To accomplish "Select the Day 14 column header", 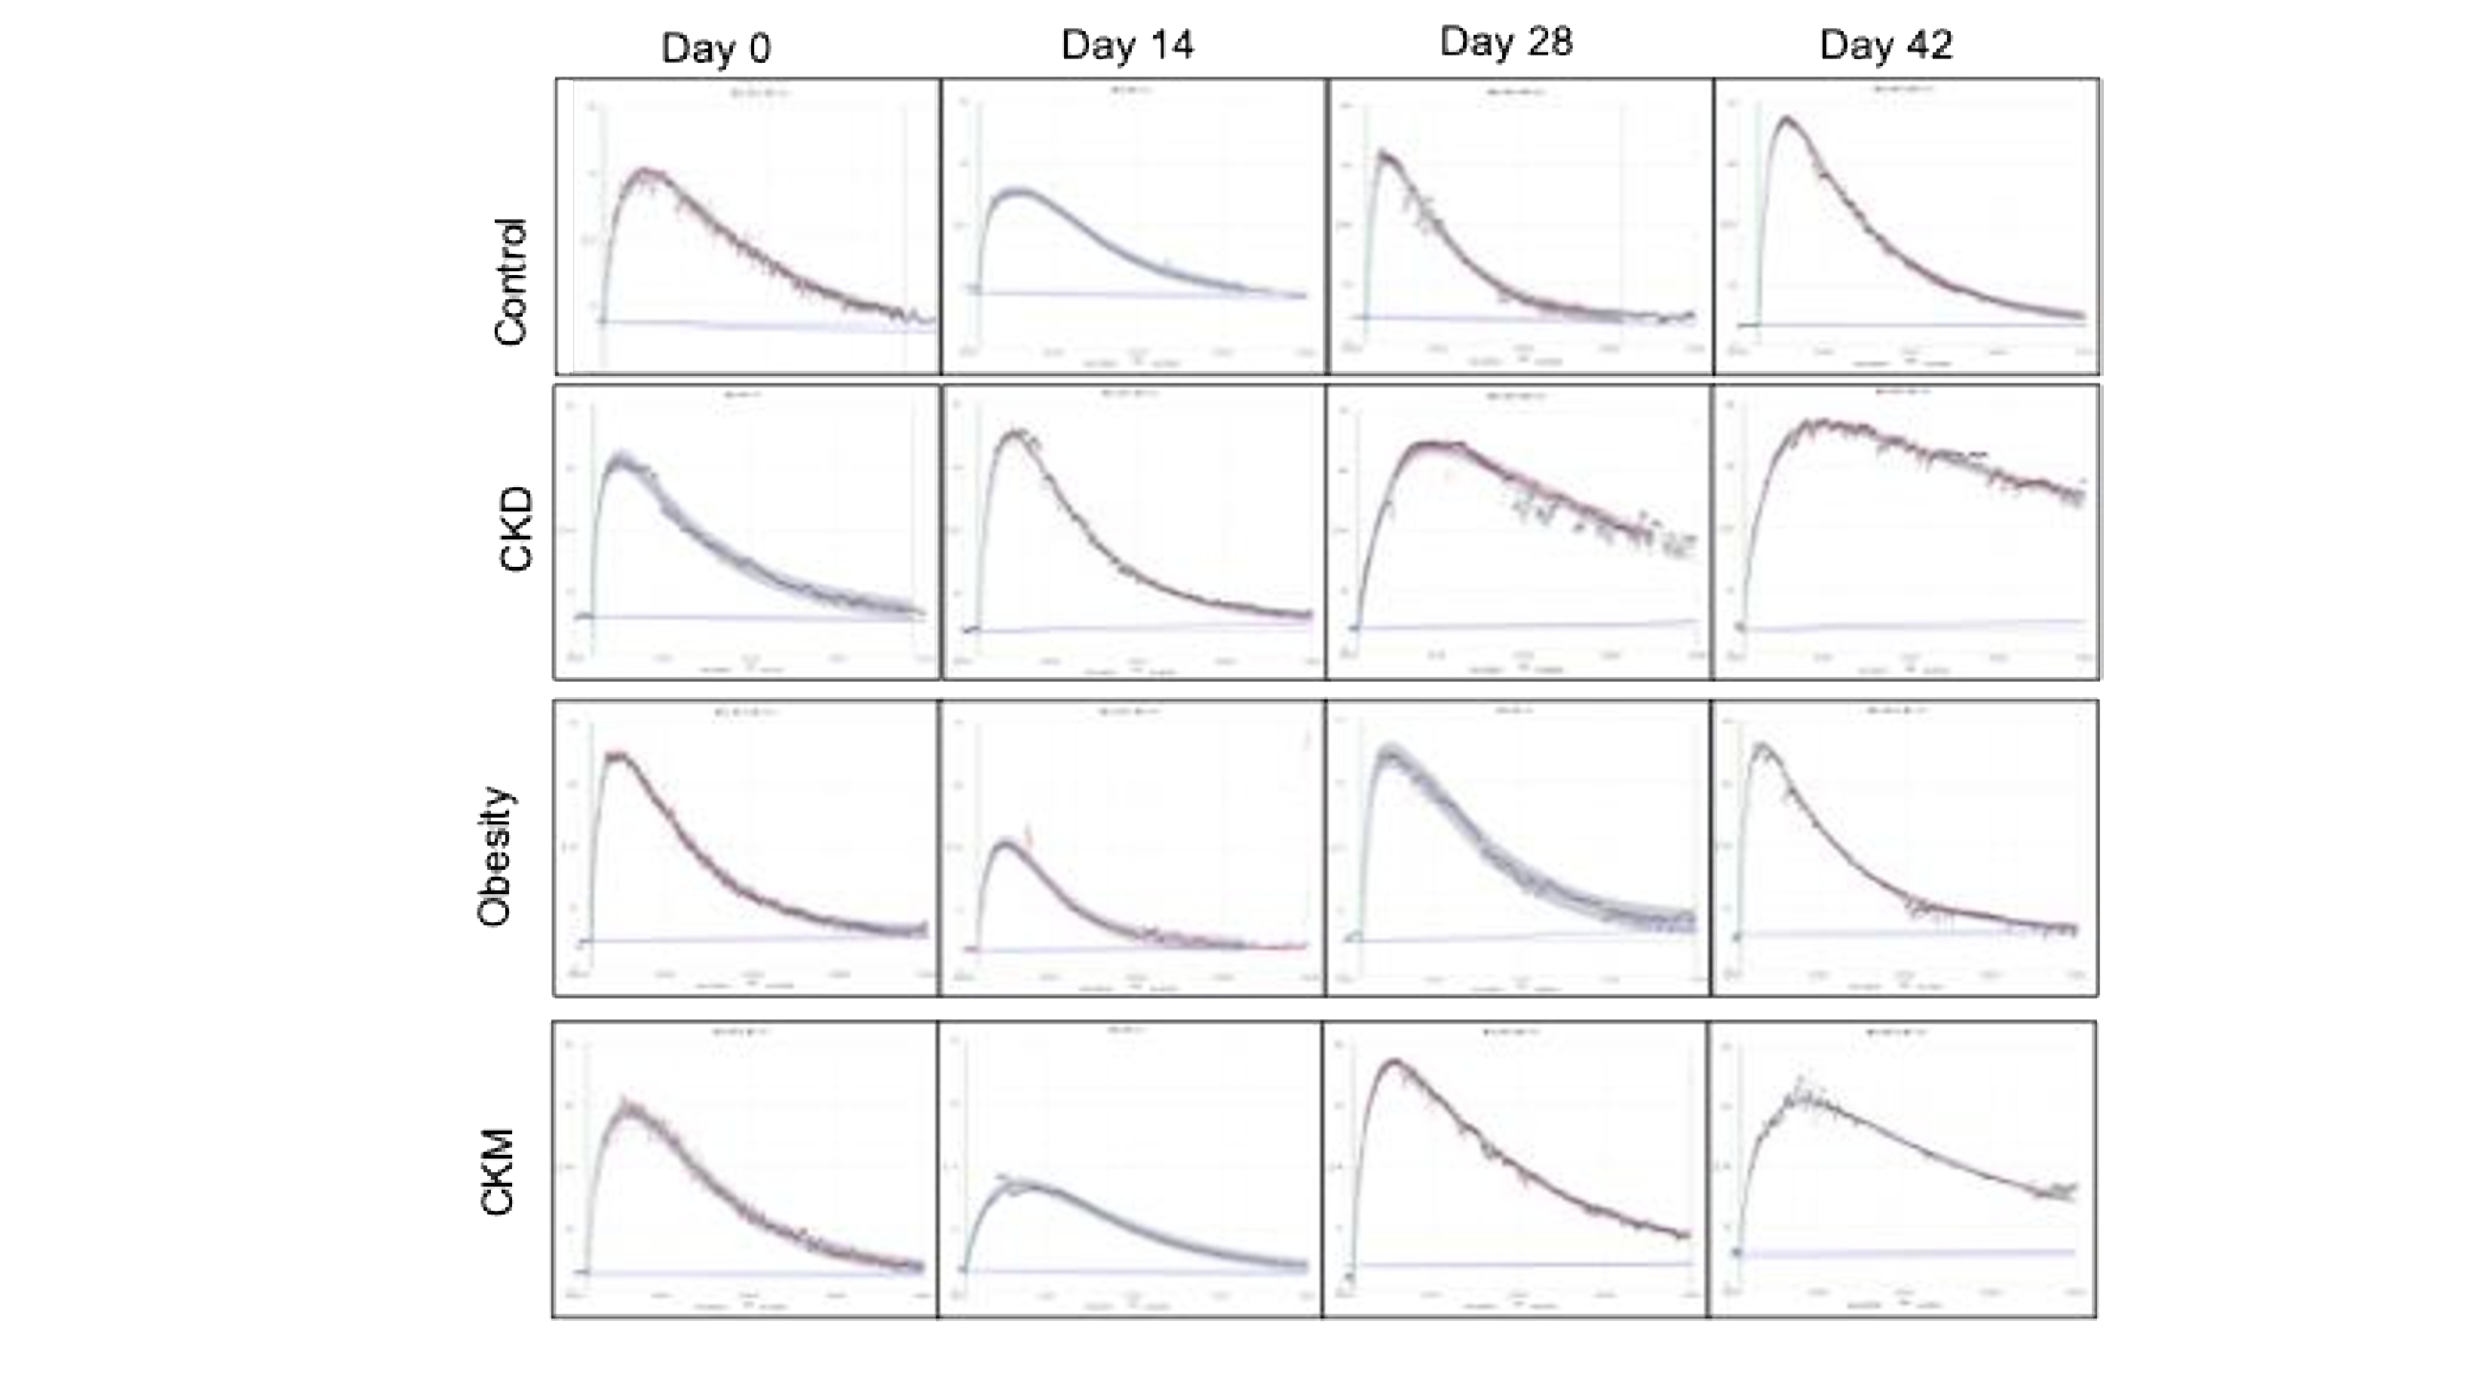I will click(x=1127, y=44).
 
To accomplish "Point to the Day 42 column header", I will click(x=1886, y=44).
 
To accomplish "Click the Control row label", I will click(x=510, y=281).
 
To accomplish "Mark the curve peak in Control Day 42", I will click(x=1786, y=120).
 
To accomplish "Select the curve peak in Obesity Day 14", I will click(x=1006, y=844).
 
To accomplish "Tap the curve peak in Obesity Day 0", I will click(x=619, y=755).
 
